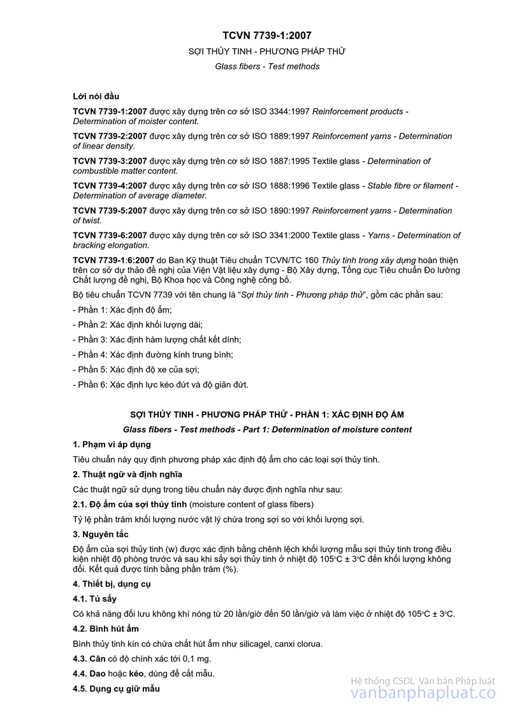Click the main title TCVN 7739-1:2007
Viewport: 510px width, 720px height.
[267, 36]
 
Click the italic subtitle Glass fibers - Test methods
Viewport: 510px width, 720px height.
[267, 66]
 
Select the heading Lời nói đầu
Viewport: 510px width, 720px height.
[96, 96]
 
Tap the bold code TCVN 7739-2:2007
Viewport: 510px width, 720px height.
[110, 136]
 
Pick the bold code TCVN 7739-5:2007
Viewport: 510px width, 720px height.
[110, 211]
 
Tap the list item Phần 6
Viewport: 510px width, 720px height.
[160, 385]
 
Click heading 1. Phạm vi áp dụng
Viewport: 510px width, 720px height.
[112, 444]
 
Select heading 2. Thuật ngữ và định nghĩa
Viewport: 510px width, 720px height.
[127, 474]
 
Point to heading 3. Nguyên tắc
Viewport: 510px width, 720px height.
[101, 534]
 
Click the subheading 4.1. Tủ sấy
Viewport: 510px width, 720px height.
[95, 599]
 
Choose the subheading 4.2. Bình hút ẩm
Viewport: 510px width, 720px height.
[106, 628]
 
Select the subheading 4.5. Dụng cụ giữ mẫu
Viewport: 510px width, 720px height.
[117, 689]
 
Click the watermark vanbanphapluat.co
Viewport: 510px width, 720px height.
[423, 694]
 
